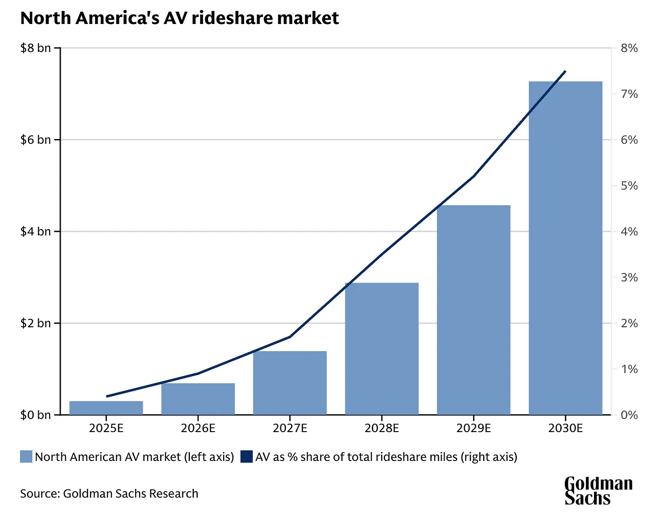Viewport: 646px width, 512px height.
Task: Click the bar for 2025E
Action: coord(106,408)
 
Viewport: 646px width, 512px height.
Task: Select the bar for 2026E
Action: coord(198,399)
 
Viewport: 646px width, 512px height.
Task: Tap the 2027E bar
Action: coord(290,383)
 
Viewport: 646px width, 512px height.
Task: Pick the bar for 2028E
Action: coord(382,349)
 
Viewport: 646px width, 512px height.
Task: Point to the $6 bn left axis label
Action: coord(35,140)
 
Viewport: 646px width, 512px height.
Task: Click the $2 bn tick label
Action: coord(35,323)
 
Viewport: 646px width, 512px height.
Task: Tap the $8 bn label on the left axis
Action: coord(35,48)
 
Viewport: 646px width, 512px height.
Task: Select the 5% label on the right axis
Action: coord(629,186)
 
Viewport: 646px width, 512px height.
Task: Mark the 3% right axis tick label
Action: coord(629,278)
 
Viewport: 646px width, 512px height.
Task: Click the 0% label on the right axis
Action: coord(629,415)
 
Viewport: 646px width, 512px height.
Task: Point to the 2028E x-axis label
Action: coord(382,428)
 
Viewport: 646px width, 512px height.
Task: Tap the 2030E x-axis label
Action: coord(565,428)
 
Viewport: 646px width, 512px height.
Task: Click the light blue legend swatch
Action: coord(26,457)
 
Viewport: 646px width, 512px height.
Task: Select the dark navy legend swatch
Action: coord(246,457)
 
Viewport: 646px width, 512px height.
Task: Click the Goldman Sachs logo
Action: coord(598,491)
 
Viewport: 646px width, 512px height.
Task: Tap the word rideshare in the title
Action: coord(232,18)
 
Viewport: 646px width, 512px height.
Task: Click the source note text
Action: coord(109,494)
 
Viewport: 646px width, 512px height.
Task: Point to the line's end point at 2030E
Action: coord(565,71)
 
